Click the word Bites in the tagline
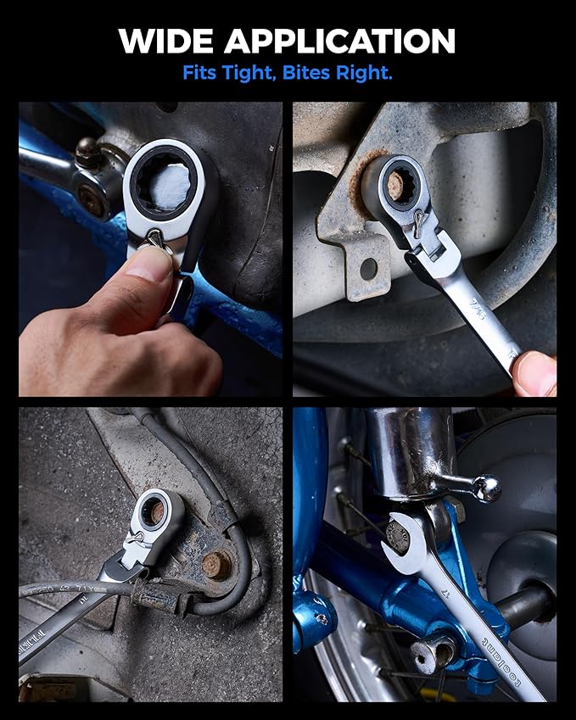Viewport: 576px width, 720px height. (314, 73)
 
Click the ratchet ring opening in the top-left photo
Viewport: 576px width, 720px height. (167, 182)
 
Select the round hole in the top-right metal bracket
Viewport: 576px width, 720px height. (368, 268)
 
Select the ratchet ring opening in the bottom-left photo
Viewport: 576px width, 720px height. (155, 511)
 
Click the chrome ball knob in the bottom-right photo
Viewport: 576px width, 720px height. (486, 488)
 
